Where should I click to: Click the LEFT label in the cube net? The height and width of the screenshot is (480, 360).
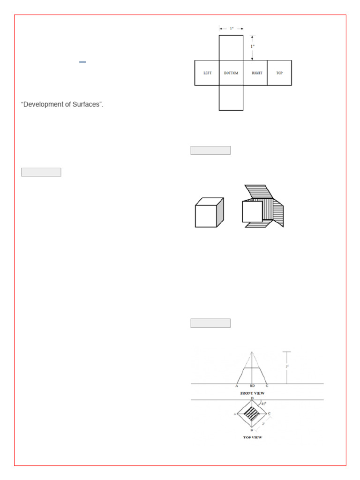click(x=207, y=73)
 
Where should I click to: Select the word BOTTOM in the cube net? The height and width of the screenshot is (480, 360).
click(x=231, y=73)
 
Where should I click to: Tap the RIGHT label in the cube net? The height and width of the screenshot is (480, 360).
click(x=256, y=73)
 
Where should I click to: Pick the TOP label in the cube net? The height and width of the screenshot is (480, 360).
click(x=279, y=73)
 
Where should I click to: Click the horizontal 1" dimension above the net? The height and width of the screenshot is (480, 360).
click(x=232, y=29)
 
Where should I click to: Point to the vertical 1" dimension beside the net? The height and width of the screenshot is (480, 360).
click(x=253, y=46)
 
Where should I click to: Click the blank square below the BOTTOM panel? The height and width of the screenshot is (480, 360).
click(x=231, y=97)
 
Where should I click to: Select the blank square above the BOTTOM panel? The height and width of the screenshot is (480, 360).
click(x=231, y=47)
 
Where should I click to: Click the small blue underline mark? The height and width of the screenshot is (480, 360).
click(x=82, y=62)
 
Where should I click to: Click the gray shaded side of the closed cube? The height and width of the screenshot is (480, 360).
click(x=220, y=212)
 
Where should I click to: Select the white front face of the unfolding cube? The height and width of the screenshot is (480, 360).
click(x=252, y=211)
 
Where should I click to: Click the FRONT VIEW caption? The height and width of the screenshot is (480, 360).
click(x=253, y=393)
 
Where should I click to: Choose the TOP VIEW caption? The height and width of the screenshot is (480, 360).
click(x=252, y=437)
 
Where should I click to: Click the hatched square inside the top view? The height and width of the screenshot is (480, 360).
click(x=252, y=414)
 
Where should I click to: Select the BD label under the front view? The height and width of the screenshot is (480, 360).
click(x=252, y=387)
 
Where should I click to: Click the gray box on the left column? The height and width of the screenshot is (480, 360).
click(x=41, y=172)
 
